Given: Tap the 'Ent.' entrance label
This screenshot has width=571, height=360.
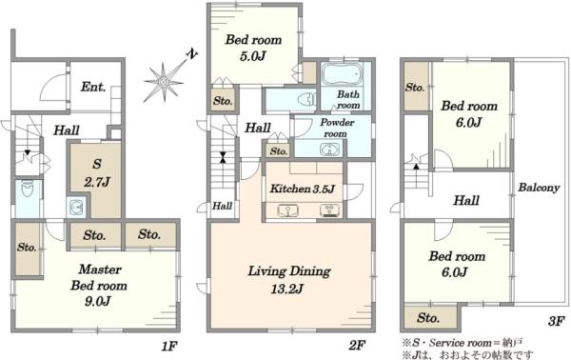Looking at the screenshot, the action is [x=93, y=87].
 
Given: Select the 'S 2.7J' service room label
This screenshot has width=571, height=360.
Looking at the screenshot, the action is [x=97, y=172].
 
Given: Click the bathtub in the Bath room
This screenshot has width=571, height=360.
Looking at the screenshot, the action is [x=343, y=74].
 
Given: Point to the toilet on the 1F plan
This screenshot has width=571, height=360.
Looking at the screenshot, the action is [x=28, y=189].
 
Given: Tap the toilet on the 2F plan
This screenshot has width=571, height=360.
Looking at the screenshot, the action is [x=306, y=99].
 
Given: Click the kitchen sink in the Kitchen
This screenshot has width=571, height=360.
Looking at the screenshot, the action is [x=287, y=210].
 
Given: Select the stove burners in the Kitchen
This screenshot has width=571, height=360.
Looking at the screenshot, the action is [x=330, y=210].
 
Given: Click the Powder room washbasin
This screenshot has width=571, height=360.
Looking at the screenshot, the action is [x=329, y=150].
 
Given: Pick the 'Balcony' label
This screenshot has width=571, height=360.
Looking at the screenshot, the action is [x=539, y=188].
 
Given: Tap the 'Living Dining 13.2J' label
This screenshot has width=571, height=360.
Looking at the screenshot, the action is [x=288, y=280].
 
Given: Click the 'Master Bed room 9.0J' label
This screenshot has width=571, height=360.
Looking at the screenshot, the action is [x=99, y=286].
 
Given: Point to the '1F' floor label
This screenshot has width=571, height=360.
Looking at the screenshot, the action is [x=169, y=346].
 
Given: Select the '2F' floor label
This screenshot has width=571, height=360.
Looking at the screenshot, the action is [x=357, y=345].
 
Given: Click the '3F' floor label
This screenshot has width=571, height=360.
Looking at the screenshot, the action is [x=556, y=321].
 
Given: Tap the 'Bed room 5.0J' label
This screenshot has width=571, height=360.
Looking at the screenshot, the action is [x=253, y=48].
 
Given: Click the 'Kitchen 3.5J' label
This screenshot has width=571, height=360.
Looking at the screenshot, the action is [x=303, y=189].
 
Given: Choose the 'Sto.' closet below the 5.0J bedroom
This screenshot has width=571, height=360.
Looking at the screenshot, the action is [x=223, y=100].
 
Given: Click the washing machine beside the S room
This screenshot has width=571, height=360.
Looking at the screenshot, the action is [x=76, y=208].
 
